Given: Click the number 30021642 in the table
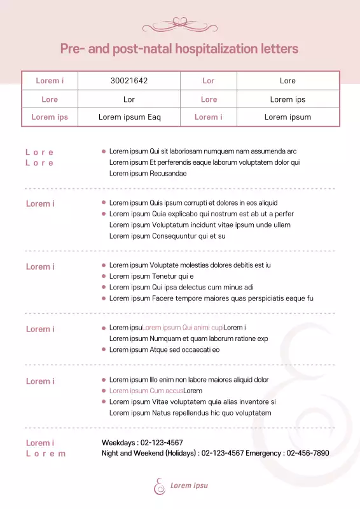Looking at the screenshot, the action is (x=129, y=81).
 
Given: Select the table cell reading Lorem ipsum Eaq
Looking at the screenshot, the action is (x=129, y=117).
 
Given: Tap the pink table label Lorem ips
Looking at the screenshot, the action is (x=50, y=117).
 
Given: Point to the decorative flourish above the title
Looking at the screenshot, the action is (x=180, y=25).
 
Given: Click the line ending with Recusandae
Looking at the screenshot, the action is (x=148, y=173).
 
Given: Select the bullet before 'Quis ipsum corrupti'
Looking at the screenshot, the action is (x=104, y=203).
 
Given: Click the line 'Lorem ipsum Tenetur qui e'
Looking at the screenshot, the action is (x=151, y=276).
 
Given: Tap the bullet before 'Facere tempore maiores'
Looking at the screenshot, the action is (x=104, y=298).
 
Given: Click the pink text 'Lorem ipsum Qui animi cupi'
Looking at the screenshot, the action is (x=183, y=328).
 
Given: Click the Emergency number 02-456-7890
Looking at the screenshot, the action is (x=308, y=453).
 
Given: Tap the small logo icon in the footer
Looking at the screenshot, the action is (x=159, y=485).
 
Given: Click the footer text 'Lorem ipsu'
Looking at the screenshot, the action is (x=189, y=485).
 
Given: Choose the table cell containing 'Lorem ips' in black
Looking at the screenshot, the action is (x=287, y=99).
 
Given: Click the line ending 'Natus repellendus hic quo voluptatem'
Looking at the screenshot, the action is (x=190, y=412).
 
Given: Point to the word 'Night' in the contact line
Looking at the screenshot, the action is (x=110, y=453).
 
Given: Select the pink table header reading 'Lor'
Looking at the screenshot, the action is (x=209, y=81).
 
